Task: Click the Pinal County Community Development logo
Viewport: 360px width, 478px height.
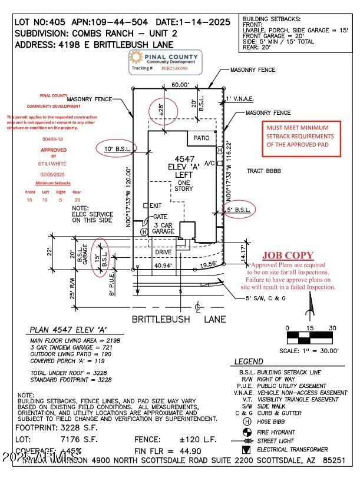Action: point(165,63)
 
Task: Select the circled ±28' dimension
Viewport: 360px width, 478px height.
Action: point(157,109)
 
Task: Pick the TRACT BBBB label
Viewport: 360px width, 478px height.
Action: point(263,171)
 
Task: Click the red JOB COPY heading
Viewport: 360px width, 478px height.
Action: point(288,255)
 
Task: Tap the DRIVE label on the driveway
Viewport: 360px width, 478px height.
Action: point(163,252)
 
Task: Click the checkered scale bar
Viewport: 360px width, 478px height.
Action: point(310,338)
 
